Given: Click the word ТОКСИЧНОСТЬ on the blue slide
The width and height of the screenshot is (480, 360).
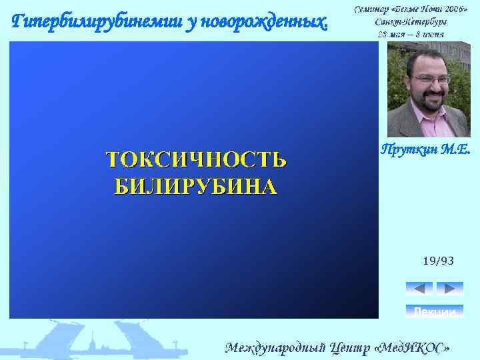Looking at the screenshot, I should [196, 160].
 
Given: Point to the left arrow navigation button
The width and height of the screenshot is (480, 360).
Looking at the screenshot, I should [419, 289].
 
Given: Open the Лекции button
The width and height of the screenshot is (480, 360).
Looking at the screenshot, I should [434, 311].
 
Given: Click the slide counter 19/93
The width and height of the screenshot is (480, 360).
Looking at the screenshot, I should [438, 261].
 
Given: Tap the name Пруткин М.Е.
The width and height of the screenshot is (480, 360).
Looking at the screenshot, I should [425, 150].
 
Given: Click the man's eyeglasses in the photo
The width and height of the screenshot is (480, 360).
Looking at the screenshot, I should [429, 79].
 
